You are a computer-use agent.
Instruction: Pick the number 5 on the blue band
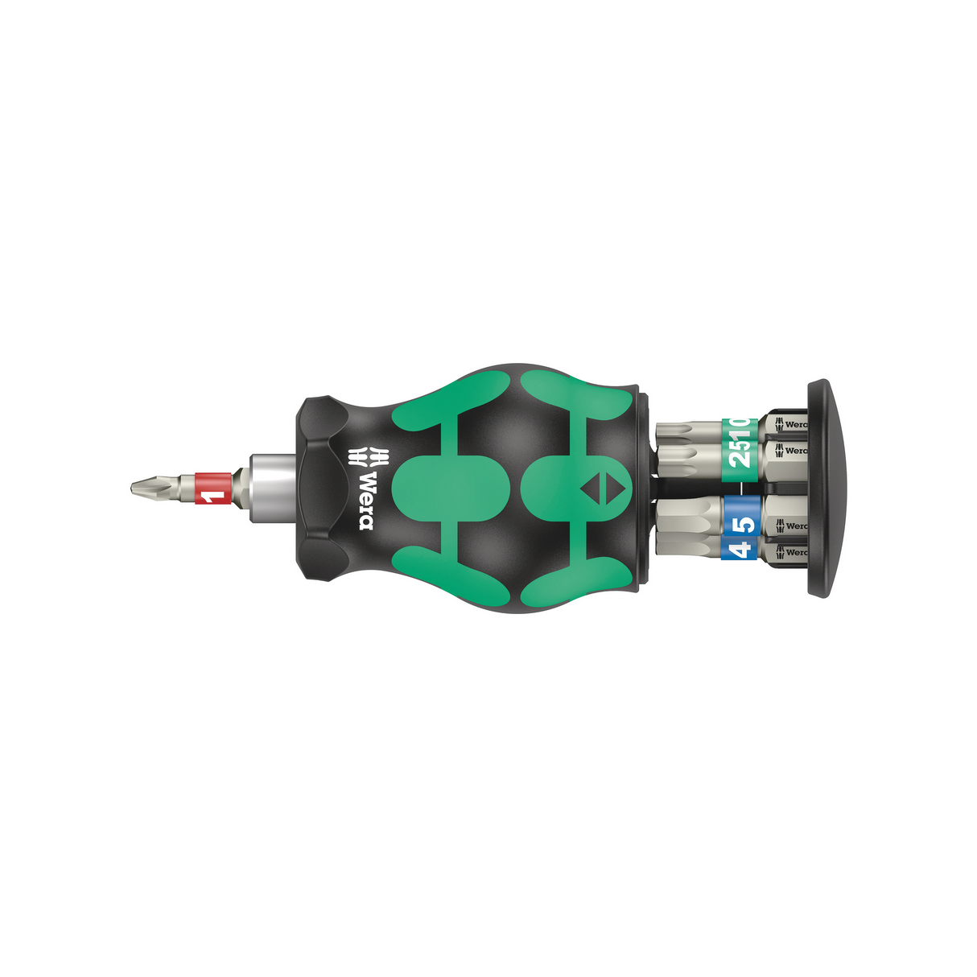[745, 523]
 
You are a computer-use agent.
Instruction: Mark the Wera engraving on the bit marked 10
[792, 424]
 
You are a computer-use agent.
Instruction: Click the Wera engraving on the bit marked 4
[792, 552]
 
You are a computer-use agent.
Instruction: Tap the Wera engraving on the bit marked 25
[792, 451]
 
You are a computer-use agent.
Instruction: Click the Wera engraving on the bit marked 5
[792, 526]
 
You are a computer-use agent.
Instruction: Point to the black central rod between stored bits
[708, 487]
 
